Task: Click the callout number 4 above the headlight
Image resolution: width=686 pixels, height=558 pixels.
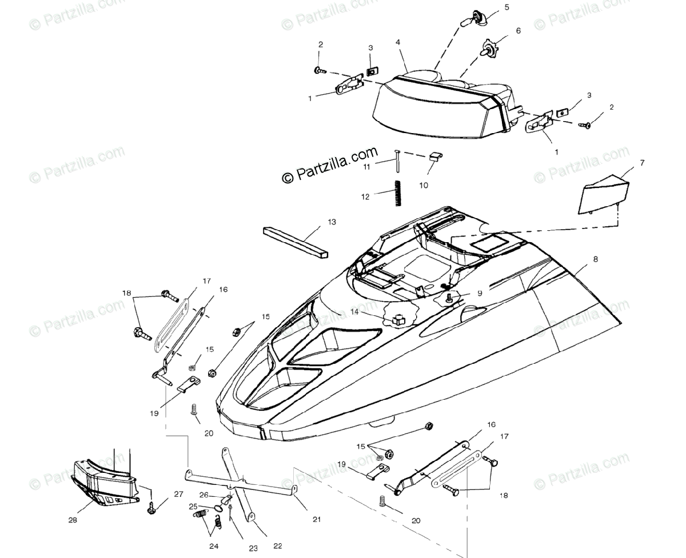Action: tap(397, 43)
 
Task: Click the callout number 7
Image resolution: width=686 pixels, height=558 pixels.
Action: tap(642, 163)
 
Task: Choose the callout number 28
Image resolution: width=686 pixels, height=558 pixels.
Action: tap(73, 520)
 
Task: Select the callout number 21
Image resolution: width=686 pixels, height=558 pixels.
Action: tap(317, 519)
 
